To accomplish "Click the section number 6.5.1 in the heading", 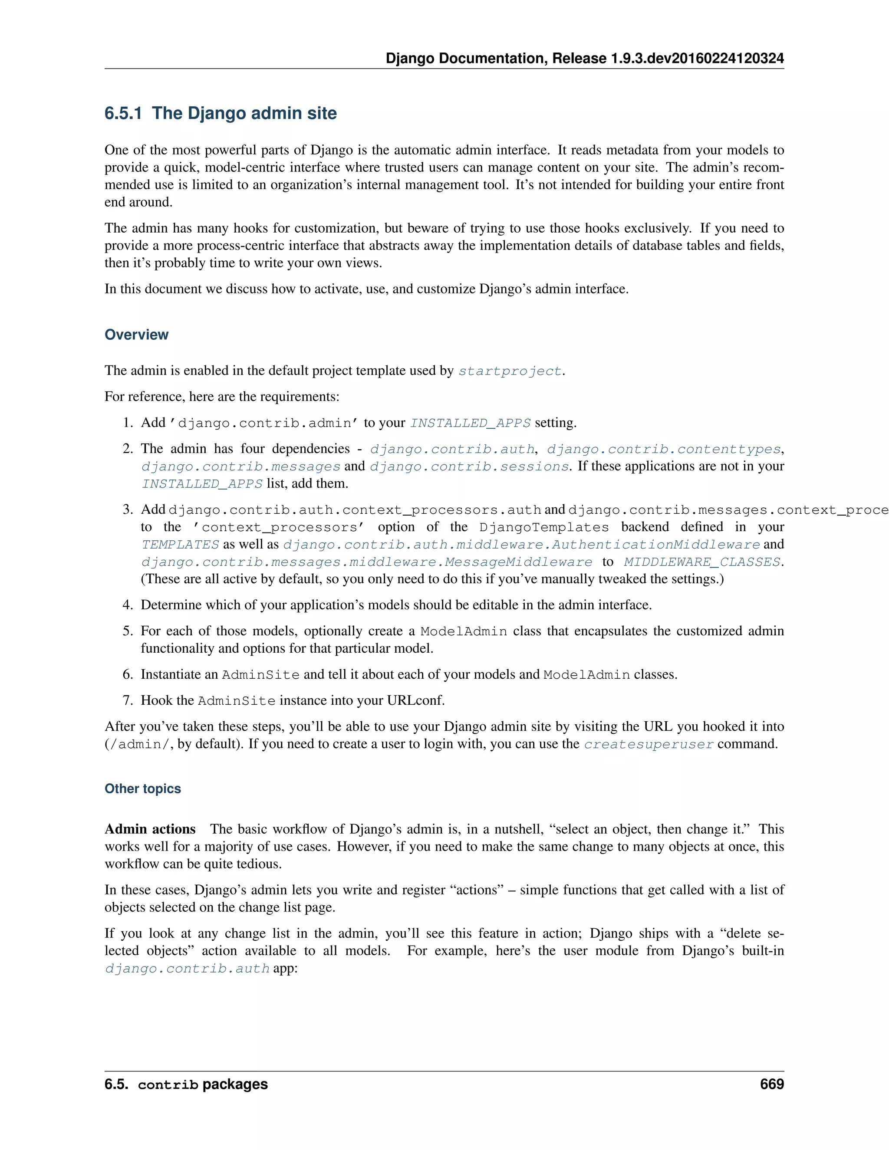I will point(123,113).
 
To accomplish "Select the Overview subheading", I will point(136,335).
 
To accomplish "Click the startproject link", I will point(509,371).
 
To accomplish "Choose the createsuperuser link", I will point(649,745).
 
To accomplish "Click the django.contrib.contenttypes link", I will point(664,449).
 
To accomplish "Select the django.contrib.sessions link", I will point(469,467).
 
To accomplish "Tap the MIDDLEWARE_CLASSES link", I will point(701,562).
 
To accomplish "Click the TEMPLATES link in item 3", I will point(180,545).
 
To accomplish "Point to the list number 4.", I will point(128,605).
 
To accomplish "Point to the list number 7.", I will point(128,700).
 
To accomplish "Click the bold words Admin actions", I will point(150,829).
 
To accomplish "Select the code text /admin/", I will point(139,745).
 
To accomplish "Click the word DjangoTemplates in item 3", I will point(543,527).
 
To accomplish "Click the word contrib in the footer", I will point(168,1085).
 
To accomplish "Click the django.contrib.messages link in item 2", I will point(240,467).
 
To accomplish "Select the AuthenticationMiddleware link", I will point(656,545).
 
